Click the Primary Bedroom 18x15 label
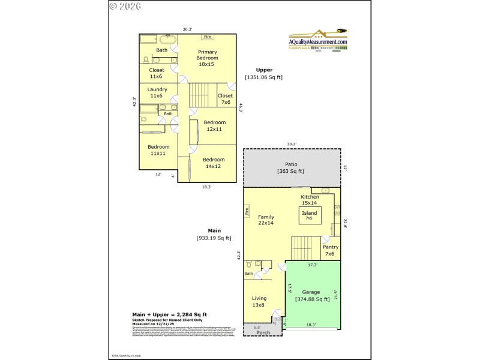click(206, 58)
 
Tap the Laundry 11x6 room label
click(157, 92)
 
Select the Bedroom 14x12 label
click(214, 163)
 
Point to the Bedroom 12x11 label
click(215, 125)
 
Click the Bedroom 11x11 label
click(159, 150)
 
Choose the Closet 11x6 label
click(157, 73)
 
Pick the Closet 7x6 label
click(225, 98)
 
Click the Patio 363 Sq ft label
click(290, 167)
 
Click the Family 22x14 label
click(266, 220)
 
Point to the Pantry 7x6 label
click(331, 250)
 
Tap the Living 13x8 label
click(259, 301)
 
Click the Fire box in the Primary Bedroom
click(208, 37)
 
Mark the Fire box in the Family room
click(247, 211)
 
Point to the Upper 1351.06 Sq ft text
click(263, 73)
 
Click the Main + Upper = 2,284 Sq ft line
click(170, 314)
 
